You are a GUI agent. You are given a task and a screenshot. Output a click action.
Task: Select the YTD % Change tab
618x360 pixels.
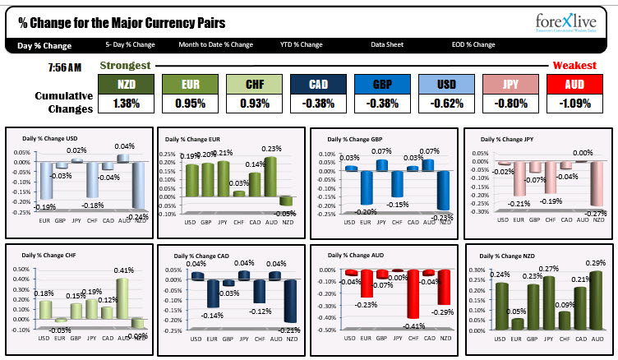(301, 44)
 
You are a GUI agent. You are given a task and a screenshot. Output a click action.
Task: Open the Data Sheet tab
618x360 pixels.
(386, 44)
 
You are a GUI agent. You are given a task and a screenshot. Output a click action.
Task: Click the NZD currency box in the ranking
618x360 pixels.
(126, 84)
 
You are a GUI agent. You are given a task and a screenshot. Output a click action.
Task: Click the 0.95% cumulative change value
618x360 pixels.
(190, 104)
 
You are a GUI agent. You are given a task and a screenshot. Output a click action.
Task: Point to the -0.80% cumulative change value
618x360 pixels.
(510, 104)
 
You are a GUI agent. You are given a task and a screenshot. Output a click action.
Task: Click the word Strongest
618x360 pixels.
(125, 65)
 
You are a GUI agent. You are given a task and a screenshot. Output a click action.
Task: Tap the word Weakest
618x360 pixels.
(574, 65)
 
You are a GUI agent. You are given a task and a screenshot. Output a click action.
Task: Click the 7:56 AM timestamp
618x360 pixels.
(65, 65)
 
